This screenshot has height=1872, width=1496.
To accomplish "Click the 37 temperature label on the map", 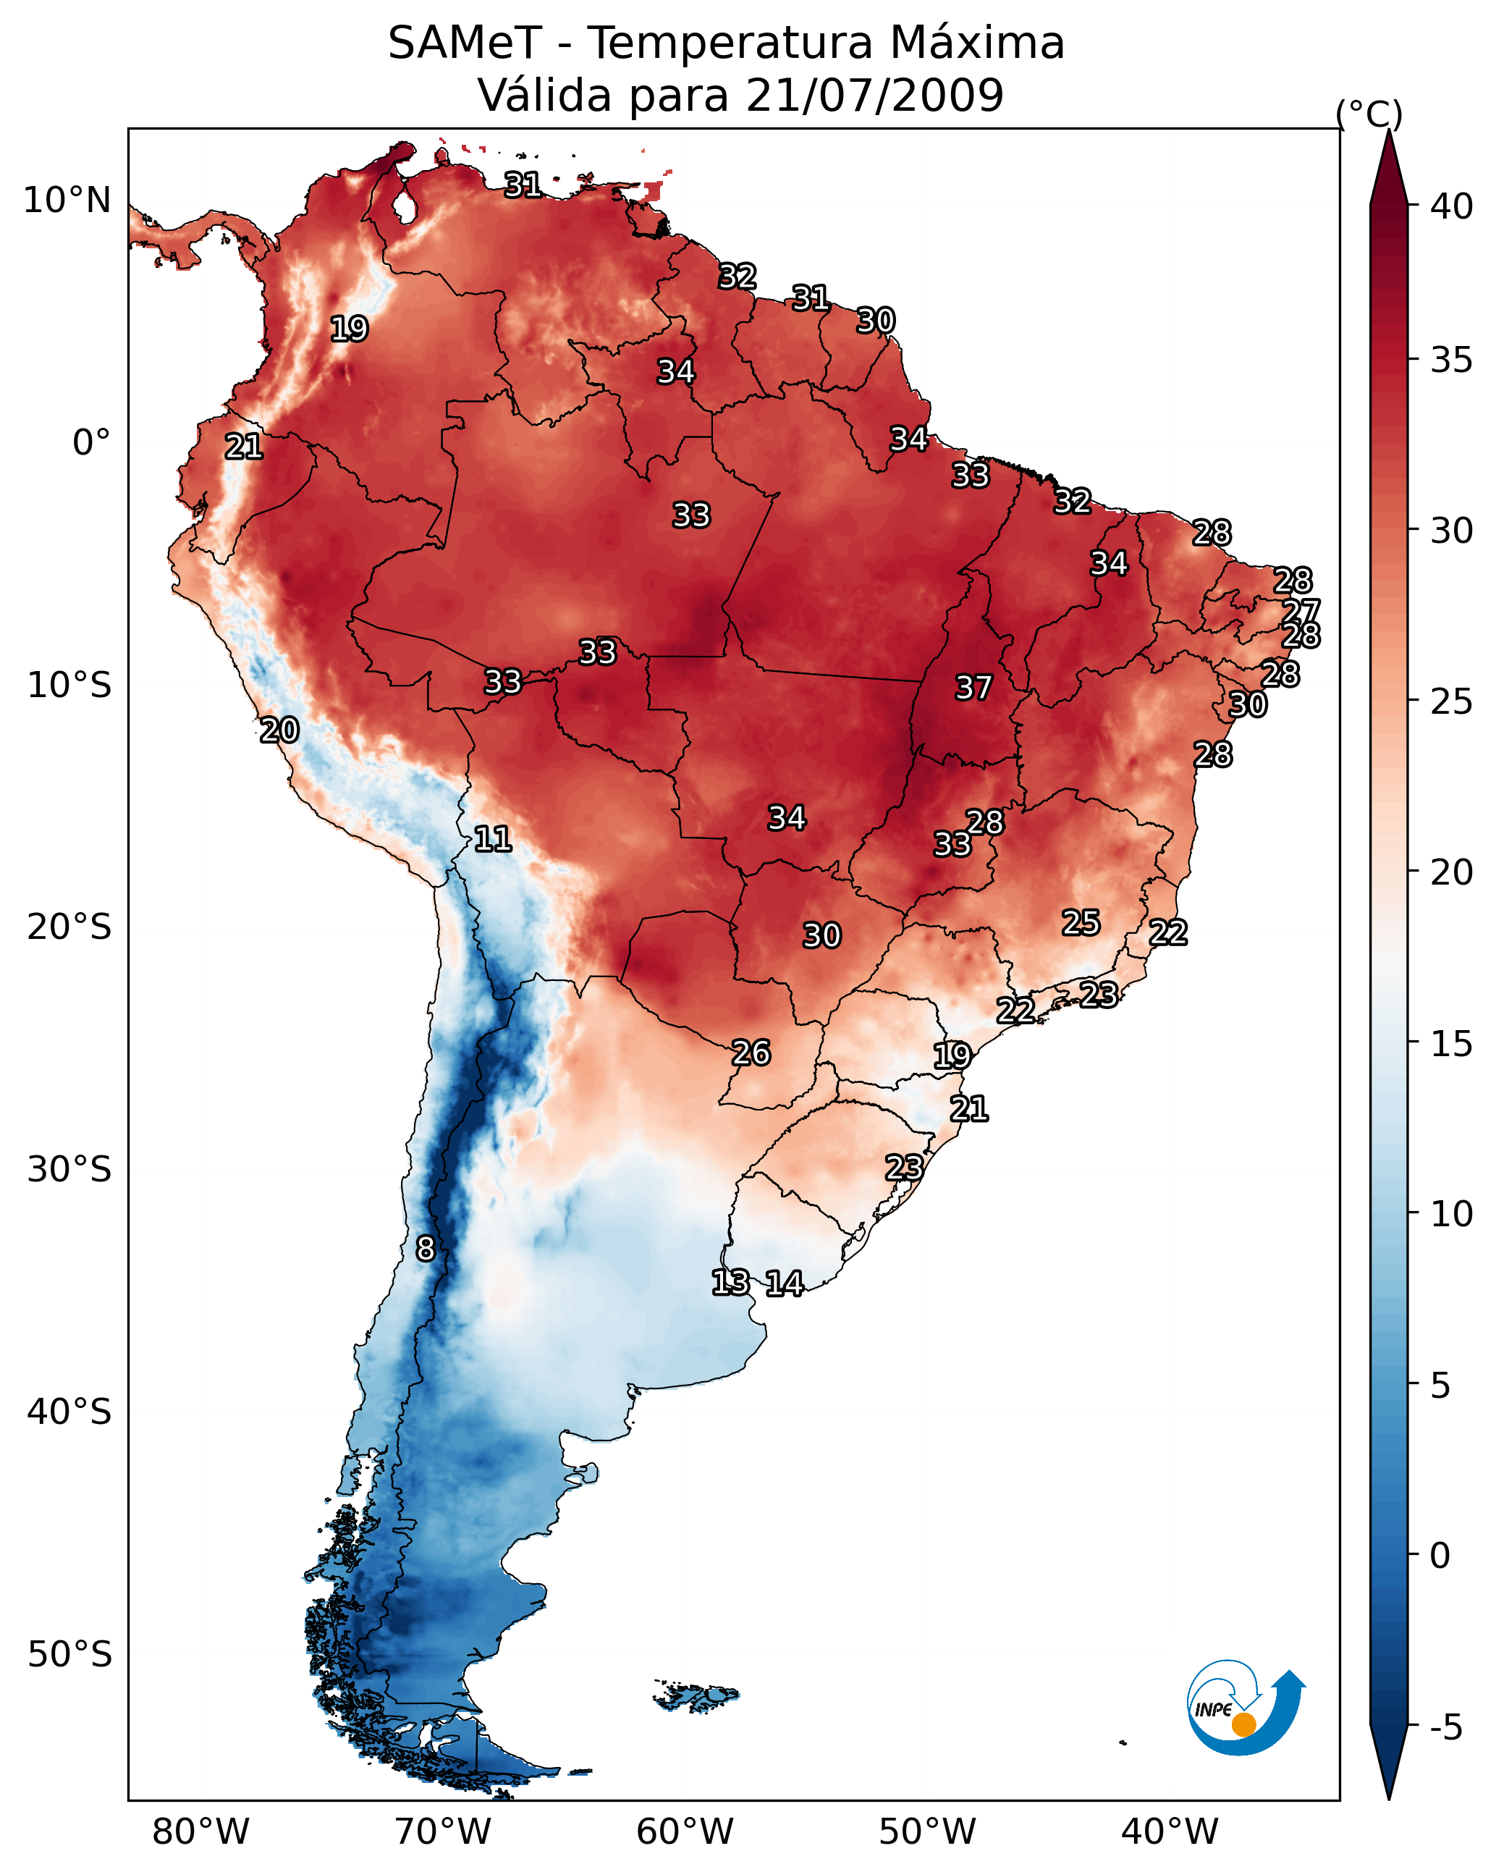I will point(973,688).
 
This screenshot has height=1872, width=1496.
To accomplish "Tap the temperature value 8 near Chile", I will point(426,1249).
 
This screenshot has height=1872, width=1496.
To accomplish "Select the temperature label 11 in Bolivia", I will point(492,839).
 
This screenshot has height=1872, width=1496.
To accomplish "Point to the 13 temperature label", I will point(730,1283).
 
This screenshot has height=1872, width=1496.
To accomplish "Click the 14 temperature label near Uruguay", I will point(784,1283).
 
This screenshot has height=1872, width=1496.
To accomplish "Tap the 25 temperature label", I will point(1081,923).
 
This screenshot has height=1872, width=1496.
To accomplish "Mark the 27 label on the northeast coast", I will point(1301,610).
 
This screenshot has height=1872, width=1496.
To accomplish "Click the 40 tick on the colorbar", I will point(1452,206).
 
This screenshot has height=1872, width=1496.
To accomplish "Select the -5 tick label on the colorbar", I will point(1445,1728).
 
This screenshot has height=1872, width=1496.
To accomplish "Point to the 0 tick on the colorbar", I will point(1440,1556).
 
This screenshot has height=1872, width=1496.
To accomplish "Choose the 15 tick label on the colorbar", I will point(1452,1044).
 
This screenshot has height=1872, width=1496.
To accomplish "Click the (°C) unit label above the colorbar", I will point(1369,114).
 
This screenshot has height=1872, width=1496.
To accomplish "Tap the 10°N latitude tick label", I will point(67,201).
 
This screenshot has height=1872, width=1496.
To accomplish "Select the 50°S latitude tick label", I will point(69,1655).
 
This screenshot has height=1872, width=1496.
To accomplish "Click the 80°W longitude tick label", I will point(200,1831).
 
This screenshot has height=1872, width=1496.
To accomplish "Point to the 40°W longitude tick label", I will point(1170,1831).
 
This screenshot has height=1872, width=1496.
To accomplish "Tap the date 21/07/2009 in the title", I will point(874,96).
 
